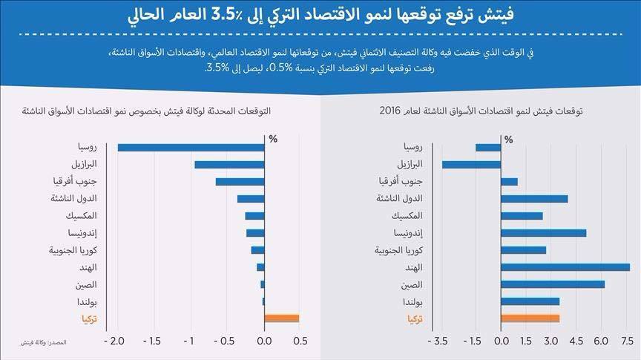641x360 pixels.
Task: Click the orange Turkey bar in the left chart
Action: pos(282,318)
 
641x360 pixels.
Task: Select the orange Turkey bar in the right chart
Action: pos(530,318)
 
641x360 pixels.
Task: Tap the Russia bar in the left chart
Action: pos(191,147)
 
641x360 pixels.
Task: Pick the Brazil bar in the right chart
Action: pos(471,164)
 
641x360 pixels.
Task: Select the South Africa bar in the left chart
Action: pos(240,181)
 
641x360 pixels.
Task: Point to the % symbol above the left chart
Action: pos(272,138)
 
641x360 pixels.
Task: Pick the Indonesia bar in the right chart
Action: pos(544,233)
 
